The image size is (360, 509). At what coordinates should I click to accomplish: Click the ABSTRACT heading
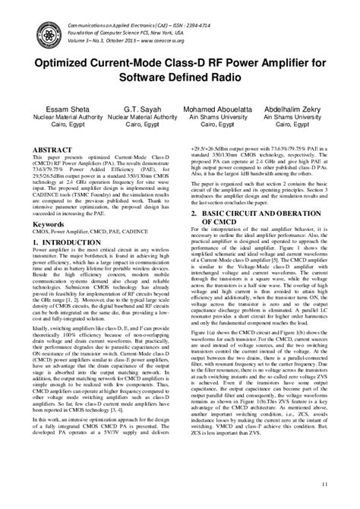pos(52,150)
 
